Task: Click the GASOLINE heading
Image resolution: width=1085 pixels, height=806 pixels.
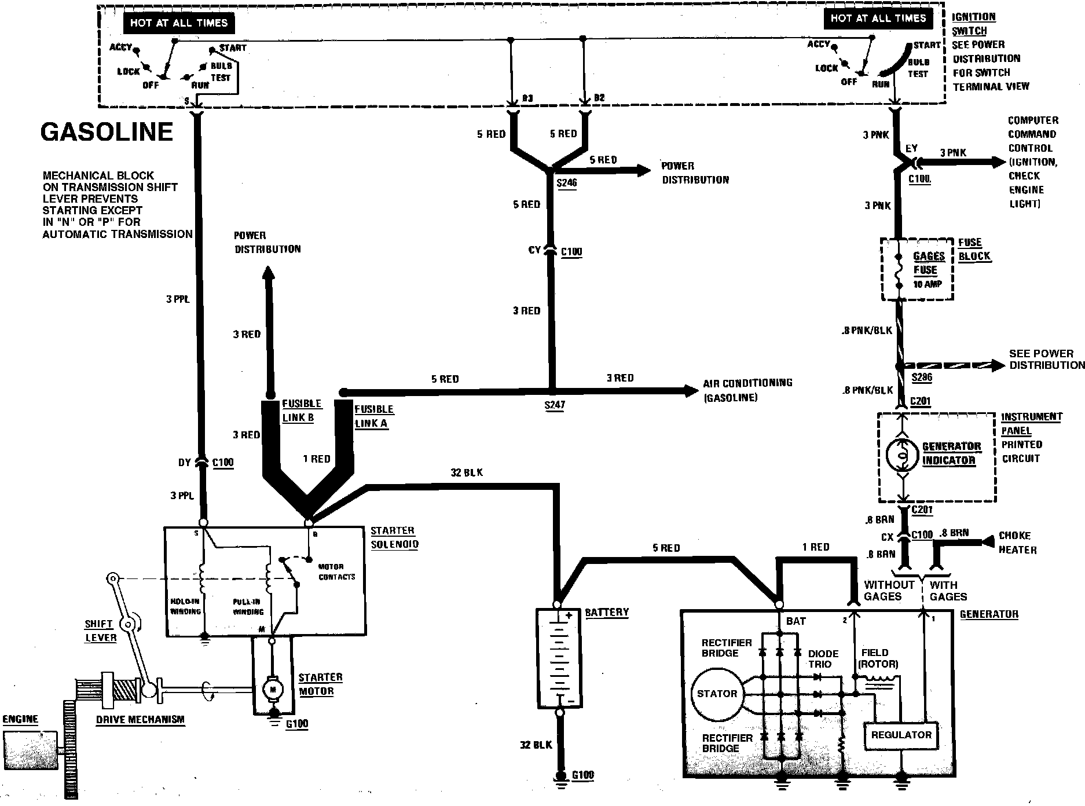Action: (x=107, y=132)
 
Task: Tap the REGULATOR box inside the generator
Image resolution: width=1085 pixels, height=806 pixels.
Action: (x=901, y=735)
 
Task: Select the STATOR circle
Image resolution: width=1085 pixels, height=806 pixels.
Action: (x=717, y=694)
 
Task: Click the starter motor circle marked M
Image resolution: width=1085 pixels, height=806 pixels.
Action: (x=273, y=689)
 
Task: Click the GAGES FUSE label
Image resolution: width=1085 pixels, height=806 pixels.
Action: (x=928, y=263)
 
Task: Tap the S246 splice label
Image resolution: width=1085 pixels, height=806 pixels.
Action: (x=566, y=183)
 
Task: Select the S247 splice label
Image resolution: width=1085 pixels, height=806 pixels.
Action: (x=554, y=405)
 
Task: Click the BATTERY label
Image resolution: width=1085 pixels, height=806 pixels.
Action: (x=606, y=612)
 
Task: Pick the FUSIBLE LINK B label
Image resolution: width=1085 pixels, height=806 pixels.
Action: (x=301, y=411)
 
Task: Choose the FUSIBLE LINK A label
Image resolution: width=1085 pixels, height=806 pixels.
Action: (x=373, y=416)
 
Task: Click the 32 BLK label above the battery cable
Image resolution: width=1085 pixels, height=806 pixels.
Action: (x=466, y=472)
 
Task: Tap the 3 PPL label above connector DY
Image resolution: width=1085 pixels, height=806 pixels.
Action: (x=177, y=299)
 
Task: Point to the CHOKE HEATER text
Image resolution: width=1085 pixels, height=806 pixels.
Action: (x=1017, y=543)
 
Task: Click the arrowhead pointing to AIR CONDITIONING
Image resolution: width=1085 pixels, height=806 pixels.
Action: (x=691, y=390)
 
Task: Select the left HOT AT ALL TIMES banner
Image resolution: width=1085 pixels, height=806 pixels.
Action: (x=178, y=23)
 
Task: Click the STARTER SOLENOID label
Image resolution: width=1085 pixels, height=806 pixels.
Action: (x=394, y=537)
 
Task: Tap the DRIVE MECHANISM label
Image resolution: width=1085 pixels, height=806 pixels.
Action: (x=140, y=720)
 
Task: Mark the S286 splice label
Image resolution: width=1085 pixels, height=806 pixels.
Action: (x=922, y=378)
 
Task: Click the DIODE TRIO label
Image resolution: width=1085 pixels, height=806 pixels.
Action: (x=823, y=659)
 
